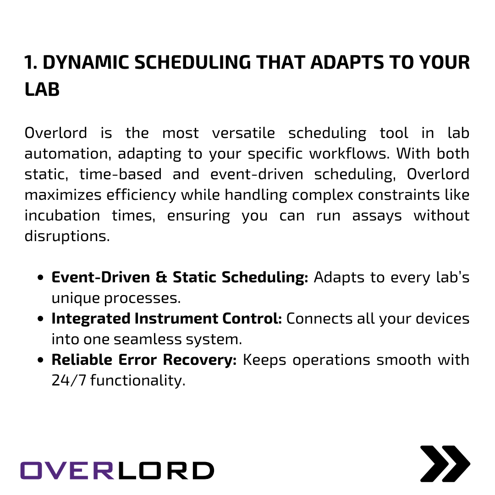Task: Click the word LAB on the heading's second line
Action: pyautogui.click(x=42, y=90)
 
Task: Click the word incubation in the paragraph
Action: pyautogui.click(x=62, y=216)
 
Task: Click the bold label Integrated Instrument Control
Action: pyautogui.click(x=166, y=319)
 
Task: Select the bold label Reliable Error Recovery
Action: pyautogui.click(x=144, y=360)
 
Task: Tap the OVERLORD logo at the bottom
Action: pyautogui.click(x=117, y=470)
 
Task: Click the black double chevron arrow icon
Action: pyautogui.click(x=445, y=463)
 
